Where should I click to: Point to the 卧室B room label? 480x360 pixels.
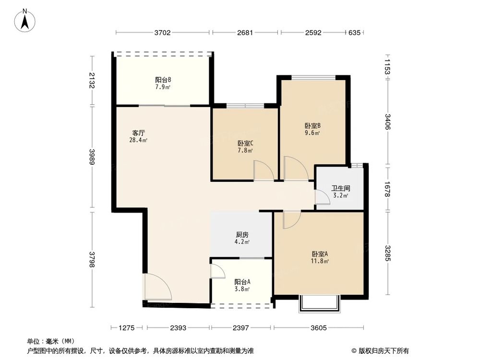(312, 126)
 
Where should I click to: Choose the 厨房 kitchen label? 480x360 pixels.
(242, 235)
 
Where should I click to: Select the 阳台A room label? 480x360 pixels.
(242, 282)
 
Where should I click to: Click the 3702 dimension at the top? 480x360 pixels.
(163, 33)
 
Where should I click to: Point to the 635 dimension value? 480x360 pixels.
(354, 33)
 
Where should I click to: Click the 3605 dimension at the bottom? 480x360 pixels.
(319, 328)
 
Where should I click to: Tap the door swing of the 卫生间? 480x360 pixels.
(322, 197)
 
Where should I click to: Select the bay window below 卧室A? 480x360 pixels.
(319, 304)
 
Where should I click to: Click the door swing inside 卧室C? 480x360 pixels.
(264, 171)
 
